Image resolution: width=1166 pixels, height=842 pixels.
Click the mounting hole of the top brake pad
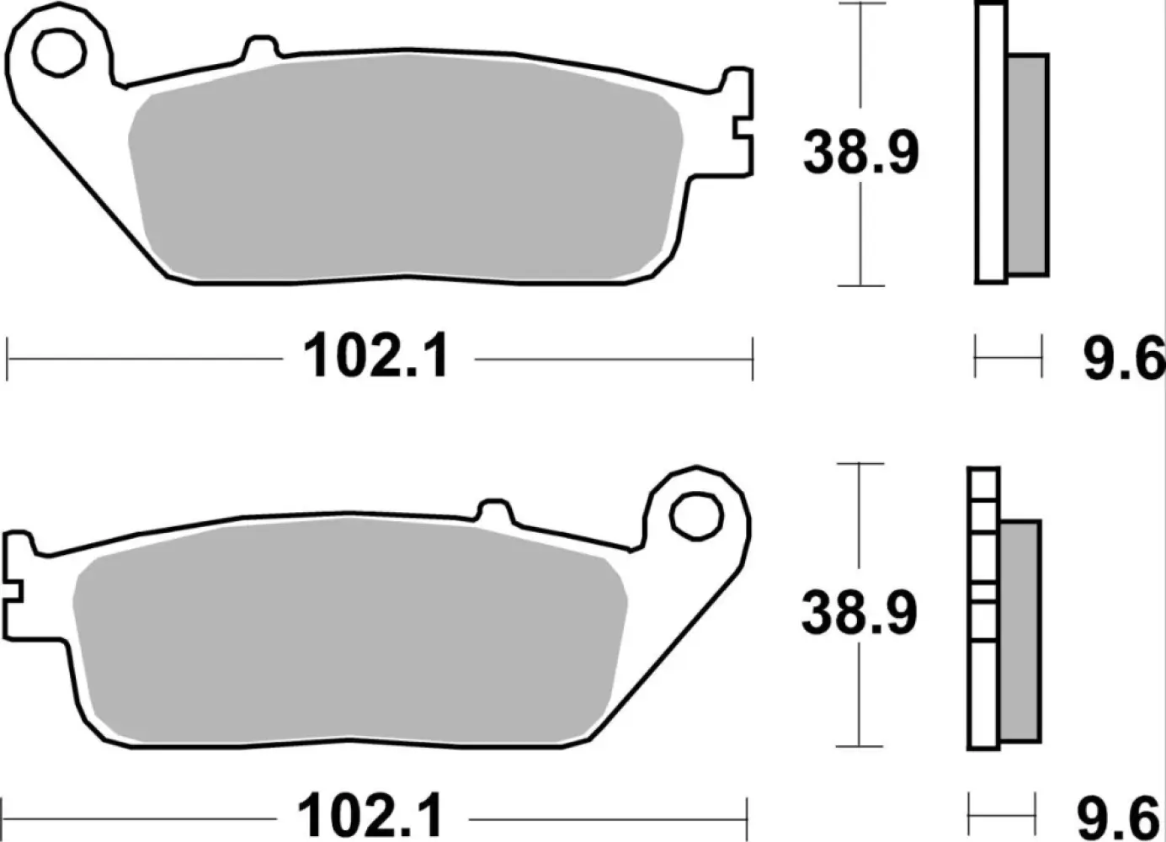pyautogui.click(x=60, y=51)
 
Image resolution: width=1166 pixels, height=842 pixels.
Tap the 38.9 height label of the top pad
pyautogui.click(x=860, y=152)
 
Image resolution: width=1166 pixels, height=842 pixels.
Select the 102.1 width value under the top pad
pyautogui.click(x=376, y=357)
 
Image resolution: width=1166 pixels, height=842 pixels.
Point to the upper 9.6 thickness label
pyautogui.click(x=1122, y=360)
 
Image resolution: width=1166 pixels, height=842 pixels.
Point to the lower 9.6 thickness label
pyautogui.click(x=1118, y=818)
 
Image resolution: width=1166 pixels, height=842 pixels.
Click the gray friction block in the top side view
pyautogui.click(x=1027, y=165)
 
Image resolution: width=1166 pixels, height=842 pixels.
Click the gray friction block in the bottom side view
pyautogui.click(x=1020, y=631)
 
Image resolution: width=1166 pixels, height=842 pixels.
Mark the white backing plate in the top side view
pyautogui.click(x=991, y=143)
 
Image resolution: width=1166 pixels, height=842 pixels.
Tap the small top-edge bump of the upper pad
pyautogui.click(x=262, y=49)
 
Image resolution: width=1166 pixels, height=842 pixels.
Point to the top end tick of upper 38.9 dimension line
pyautogui.click(x=860, y=3)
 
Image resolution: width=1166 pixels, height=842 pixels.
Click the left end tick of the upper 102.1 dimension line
pyautogui.click(x=7, y=360)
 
